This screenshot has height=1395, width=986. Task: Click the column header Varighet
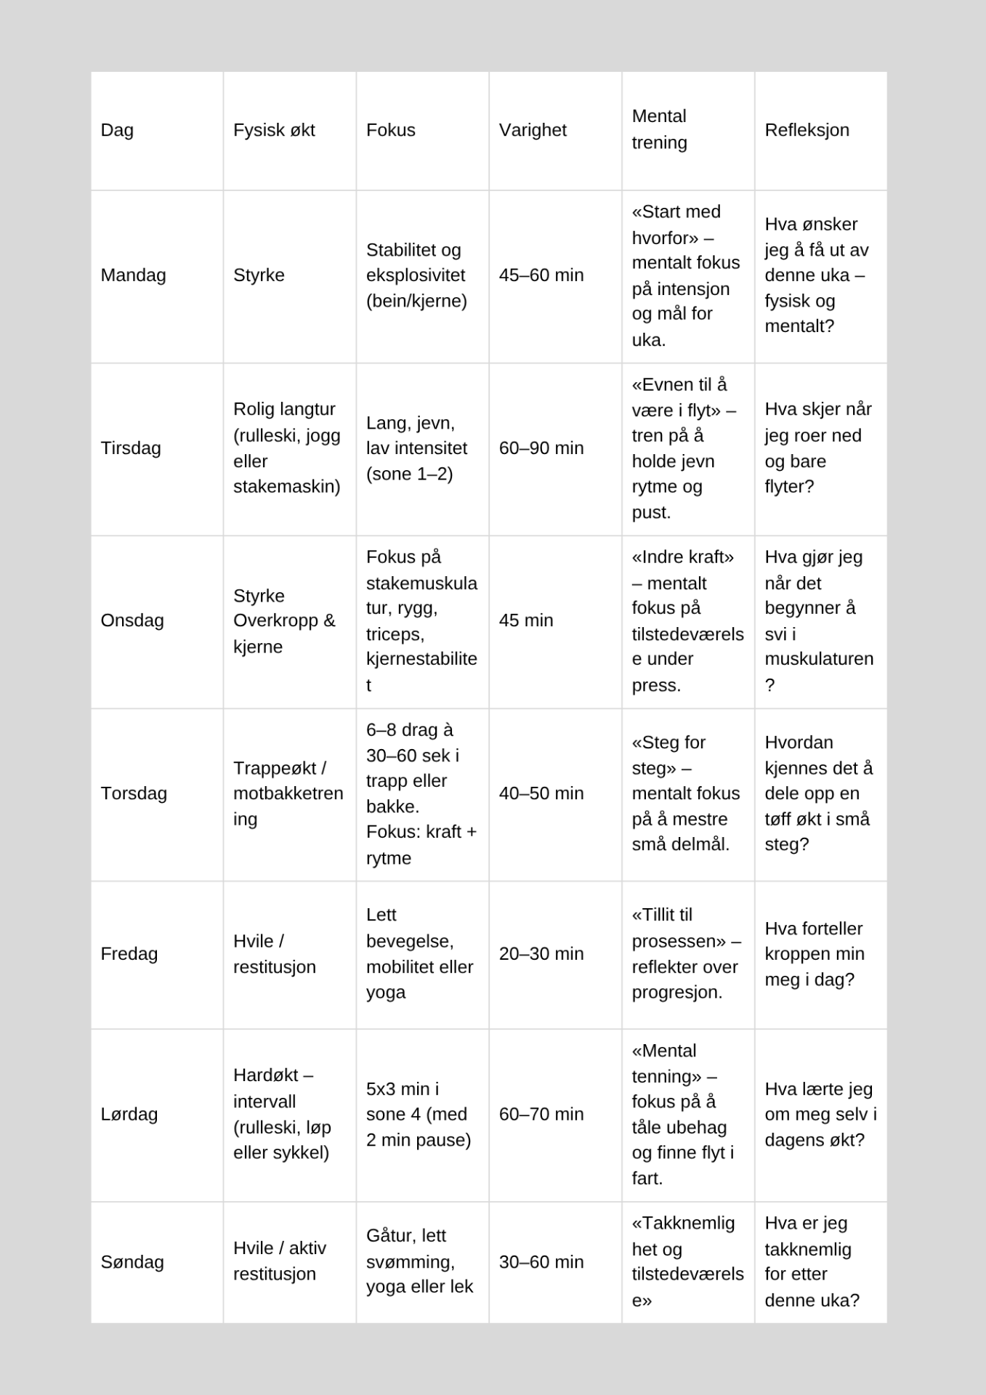[533, 130]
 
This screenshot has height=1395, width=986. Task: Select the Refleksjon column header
[807, 130]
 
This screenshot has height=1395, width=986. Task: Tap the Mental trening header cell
[659, 129]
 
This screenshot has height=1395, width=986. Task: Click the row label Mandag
[133, 275]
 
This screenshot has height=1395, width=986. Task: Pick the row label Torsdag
[134, 793]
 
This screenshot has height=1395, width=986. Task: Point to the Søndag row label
[132, 1262]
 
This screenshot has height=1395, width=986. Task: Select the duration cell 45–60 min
[541, 275]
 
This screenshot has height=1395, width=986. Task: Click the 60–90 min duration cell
[541, 448]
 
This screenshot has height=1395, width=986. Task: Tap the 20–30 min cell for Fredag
[541, 954]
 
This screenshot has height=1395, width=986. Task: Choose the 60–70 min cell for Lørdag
[541, 1115]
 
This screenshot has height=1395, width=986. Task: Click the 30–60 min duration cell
[541, 1262]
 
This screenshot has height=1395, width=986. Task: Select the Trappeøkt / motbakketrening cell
[288, 793]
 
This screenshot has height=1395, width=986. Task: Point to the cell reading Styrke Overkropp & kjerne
[284, 621]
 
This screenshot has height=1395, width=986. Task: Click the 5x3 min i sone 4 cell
[418, 1115]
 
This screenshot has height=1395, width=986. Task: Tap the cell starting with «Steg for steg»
[685, 793]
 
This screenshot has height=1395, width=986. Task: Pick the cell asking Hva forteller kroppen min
[814, 954]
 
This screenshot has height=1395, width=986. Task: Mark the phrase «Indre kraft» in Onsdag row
[682, 557]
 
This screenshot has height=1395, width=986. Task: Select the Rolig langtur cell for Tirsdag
[286, 448]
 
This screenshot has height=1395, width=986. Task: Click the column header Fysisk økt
[274, 130]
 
